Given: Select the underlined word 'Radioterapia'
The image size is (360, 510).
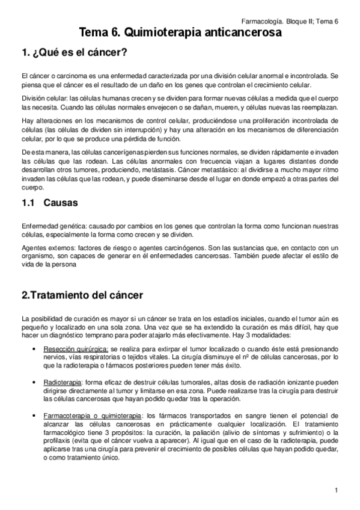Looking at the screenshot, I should click(x=62, y=382).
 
